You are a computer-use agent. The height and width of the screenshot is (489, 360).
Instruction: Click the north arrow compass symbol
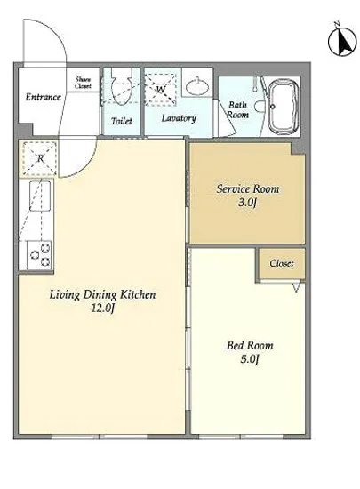(342, 42)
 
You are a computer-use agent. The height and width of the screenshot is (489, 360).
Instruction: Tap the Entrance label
(43, 97)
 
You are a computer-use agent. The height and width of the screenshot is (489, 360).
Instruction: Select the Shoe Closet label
(83, 83)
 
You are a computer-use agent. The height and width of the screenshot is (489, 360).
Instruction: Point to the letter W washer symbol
(160, 90)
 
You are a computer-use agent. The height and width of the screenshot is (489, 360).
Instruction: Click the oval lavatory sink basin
(197, 86)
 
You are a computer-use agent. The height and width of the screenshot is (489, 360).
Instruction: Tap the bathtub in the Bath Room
(283, 106)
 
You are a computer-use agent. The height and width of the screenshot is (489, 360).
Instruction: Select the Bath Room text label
(237, 109)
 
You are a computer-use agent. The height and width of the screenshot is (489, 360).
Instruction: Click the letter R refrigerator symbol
(40, 158)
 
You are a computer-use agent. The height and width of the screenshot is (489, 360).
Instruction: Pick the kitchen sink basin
(40, 196)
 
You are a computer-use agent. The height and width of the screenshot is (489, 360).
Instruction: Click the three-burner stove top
(39, 254)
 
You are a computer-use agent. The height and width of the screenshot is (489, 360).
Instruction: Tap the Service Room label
(248, 189)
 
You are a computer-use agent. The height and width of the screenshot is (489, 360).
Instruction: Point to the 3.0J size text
(247, 203)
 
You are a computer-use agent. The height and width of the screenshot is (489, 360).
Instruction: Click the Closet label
(282, 263)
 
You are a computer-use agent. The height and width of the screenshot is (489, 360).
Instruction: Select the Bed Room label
(250, 346)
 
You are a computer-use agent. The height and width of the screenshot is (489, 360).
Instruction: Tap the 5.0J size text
(250, 359)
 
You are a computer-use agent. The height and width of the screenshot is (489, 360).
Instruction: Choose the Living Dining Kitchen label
(102, 294)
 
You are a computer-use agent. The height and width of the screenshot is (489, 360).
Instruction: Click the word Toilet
(122, 121)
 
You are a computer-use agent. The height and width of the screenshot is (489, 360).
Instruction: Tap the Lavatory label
(179, 118)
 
